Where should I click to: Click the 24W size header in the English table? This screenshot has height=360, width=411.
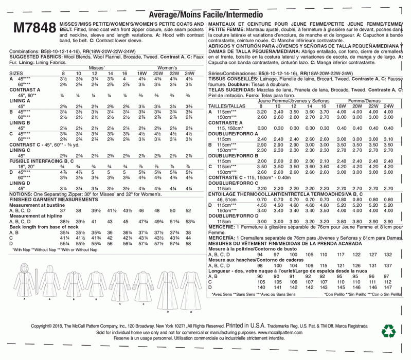coord(188,74)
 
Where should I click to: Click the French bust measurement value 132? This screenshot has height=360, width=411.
coord(388,254)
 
